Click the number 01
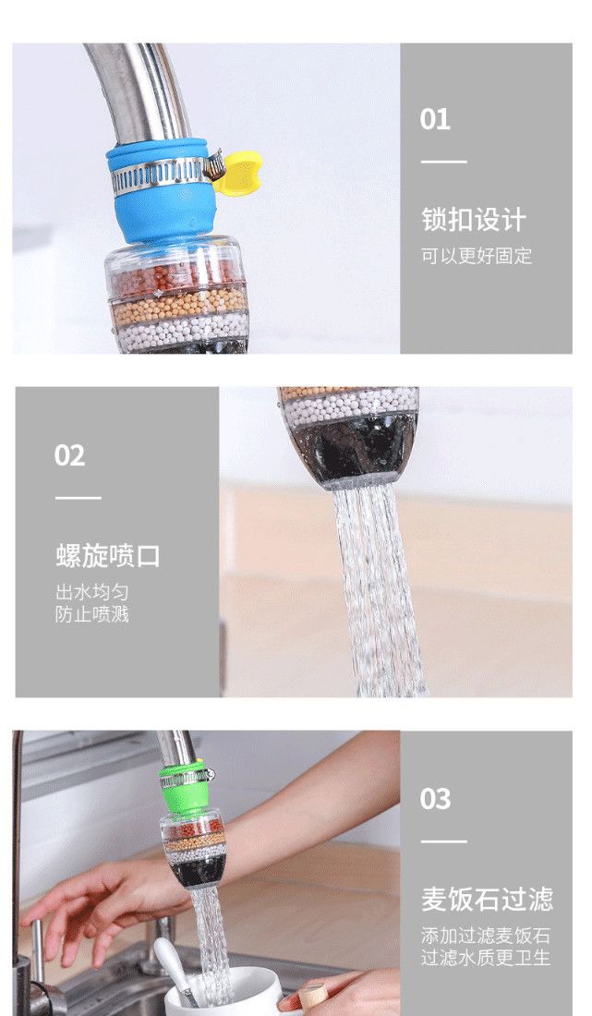[435, 120]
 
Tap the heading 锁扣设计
[474, 220]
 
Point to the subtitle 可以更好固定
[477, 256]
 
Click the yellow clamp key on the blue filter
[239, 172]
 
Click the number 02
[69, 455]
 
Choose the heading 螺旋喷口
[107, 556]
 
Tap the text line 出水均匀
[92, 592]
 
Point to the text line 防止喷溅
[92, 614]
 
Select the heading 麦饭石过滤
[488, 900]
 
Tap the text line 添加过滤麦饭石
[486, 936]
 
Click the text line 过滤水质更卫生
[486, 958]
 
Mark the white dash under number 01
[444, 162]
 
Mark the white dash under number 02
[79, 498]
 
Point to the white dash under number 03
[444, 841]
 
